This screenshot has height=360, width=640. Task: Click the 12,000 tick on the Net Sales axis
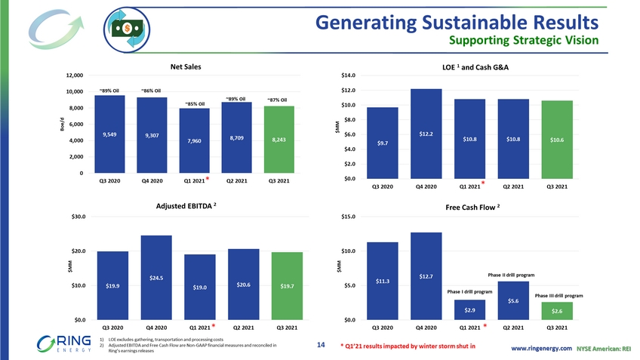(73, 75)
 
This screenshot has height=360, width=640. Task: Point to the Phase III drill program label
(558, 295)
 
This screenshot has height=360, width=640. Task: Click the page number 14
(321, 345)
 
